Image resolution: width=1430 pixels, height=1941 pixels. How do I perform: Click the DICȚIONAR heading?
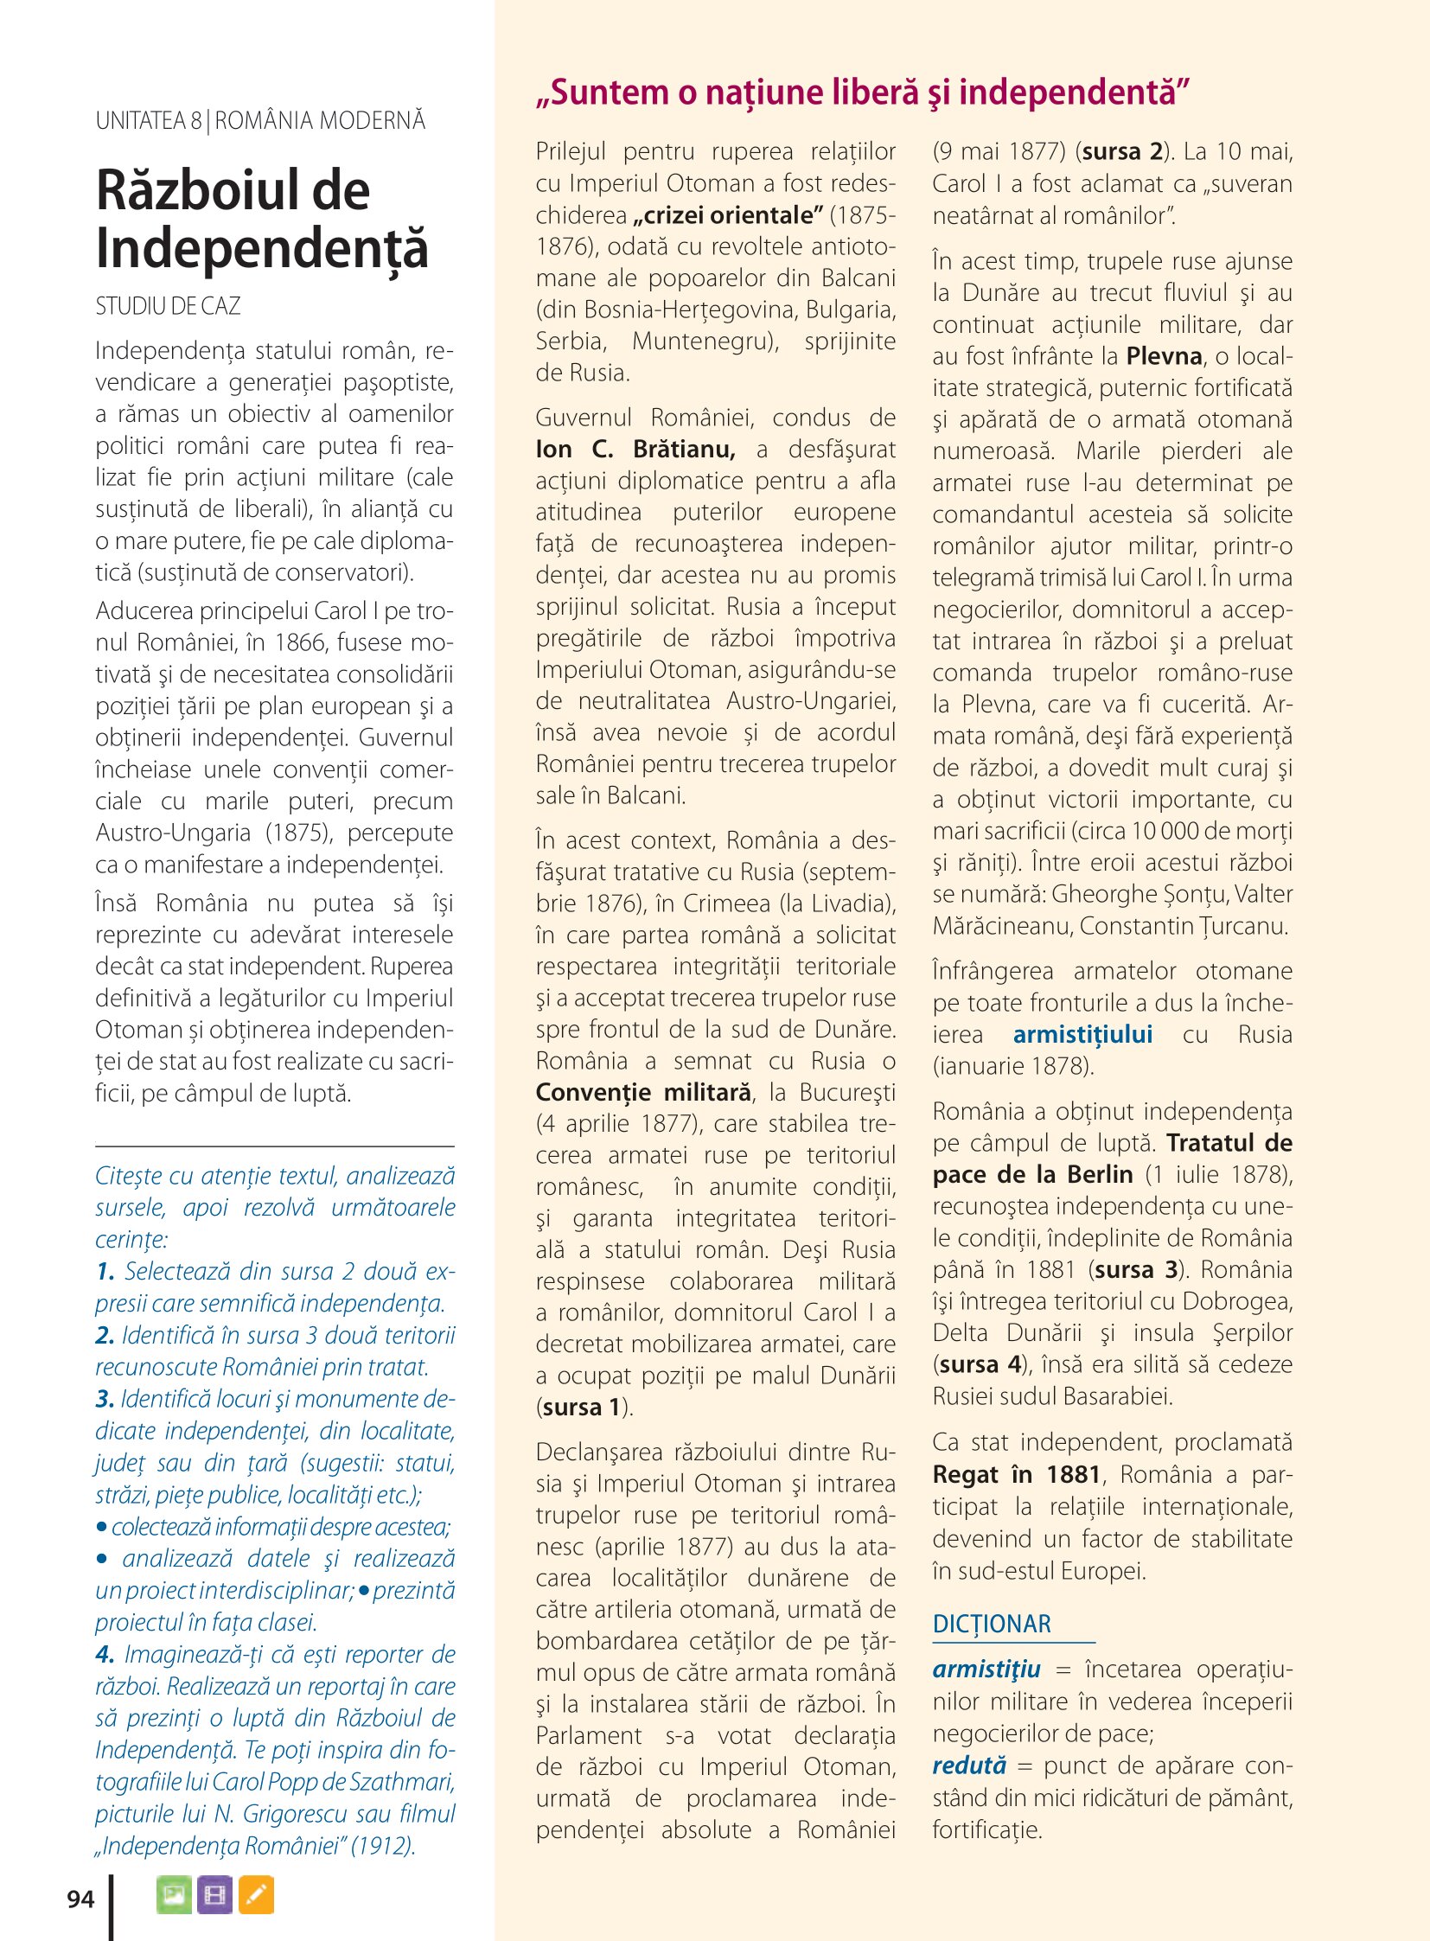[x=991, y=1625]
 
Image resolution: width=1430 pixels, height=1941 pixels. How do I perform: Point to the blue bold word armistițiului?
[x=1082, y=1035]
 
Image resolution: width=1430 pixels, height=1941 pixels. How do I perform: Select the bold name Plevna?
[x=1164, y=356]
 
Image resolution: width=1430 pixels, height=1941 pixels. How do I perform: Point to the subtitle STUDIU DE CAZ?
[x=168, y=305]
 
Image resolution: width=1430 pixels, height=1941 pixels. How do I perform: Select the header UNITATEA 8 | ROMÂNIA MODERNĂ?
[x=260, y=120]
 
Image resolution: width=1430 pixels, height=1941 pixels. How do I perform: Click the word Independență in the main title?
[x=261, y=248]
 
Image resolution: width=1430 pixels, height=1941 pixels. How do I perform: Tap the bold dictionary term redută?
[x=969, y=1765]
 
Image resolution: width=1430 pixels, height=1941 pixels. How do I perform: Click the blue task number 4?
[x=105, y=1655]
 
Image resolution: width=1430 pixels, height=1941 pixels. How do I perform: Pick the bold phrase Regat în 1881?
[x=1016, y=1474]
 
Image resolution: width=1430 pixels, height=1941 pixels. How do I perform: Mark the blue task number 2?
[x=105, y=1335]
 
